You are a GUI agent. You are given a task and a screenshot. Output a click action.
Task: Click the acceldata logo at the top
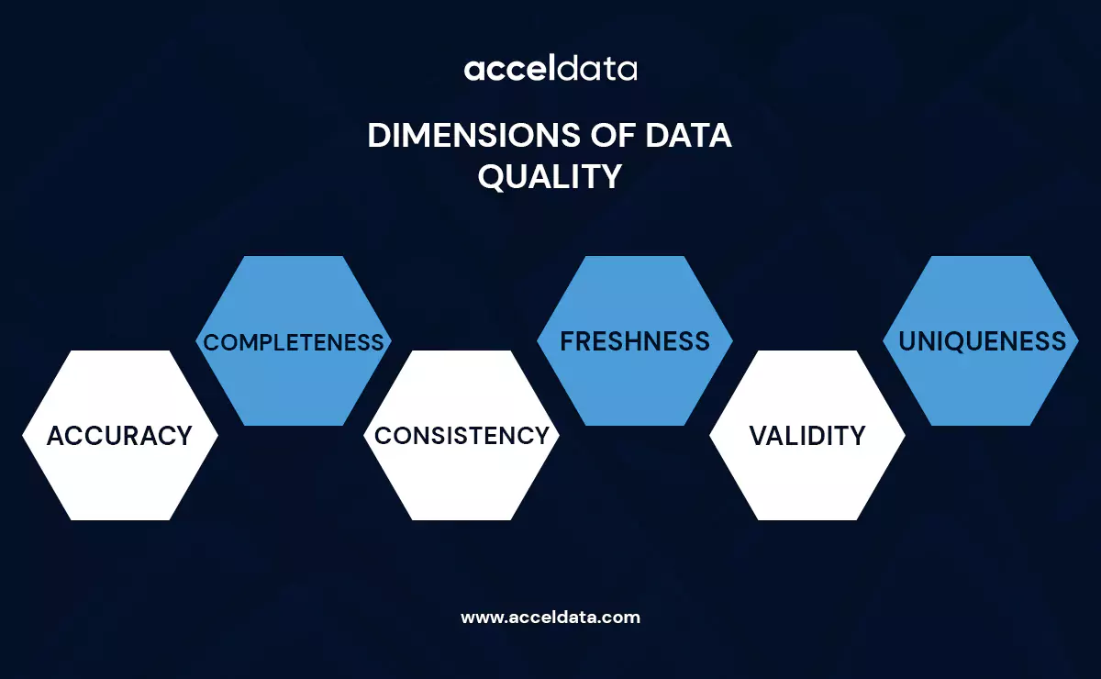pos(550,69)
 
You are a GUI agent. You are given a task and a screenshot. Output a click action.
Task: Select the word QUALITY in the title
pos(550,176)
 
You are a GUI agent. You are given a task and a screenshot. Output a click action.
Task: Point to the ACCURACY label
pos(119,436)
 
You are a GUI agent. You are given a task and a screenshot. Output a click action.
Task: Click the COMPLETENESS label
pos(294,342)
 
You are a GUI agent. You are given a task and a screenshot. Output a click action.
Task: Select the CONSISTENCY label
pos(462,436)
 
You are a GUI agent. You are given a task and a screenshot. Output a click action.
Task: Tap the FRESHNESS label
pos(635,341)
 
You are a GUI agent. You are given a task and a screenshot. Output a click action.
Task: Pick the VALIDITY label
pos(807,436)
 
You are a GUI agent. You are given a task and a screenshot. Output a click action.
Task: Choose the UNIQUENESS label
pos(982,341)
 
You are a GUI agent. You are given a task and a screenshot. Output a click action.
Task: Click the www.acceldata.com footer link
pos(550,618)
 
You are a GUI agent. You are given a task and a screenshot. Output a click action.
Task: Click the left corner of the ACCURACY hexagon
pos(24,436)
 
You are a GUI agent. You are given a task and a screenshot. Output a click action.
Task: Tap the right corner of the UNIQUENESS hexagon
pos(1077,341)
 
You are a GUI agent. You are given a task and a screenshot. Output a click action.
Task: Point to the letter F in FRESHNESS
pos(568,341)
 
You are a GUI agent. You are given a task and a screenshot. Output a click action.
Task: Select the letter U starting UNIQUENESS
pos(908,341)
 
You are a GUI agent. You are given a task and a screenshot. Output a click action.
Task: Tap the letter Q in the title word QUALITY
pos(492,177)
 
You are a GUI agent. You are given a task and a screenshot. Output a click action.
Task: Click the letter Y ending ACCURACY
pos(183,436)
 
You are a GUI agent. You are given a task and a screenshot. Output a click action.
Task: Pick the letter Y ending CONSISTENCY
pos(540,436)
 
